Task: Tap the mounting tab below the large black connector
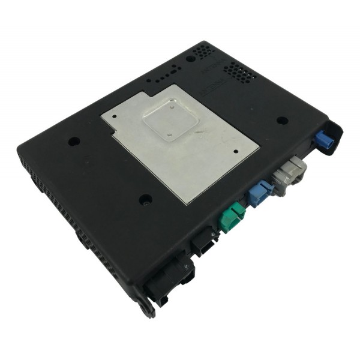point(146,307)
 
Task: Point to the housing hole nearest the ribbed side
point(74,142)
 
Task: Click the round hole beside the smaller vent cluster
point(190,59)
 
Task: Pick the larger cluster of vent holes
point(239,73)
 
